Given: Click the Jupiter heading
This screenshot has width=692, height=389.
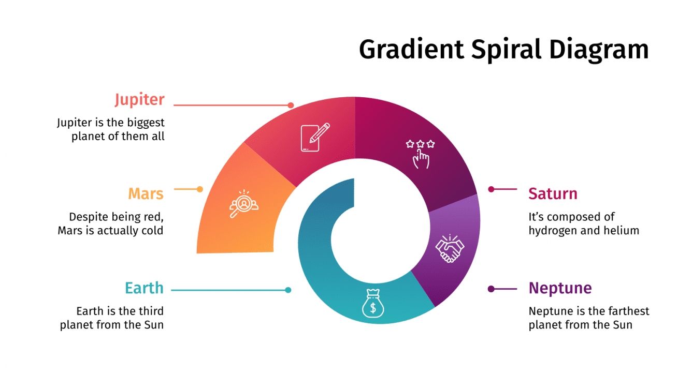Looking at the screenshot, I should pos(139,99).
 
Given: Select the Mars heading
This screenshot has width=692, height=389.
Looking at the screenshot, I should pos(146,194).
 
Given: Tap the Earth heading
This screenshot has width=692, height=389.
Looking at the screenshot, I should pos(144,288).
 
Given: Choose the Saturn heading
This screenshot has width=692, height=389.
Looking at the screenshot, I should pos(553,194).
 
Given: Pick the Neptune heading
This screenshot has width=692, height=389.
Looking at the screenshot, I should pos(560,288).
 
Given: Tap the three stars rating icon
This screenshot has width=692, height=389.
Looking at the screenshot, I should pos(420,153).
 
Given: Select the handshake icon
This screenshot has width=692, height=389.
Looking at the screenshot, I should pos(450,248).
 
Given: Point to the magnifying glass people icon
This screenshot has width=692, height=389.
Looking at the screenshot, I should pos(244,204).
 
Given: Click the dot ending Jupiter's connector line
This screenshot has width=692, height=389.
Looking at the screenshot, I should pos(291,105).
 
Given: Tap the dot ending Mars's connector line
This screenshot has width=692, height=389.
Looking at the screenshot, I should pos(200,189).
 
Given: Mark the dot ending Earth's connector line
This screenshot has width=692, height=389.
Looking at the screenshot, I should pos(288,290).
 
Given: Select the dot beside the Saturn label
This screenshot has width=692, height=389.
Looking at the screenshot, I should pos(491,189).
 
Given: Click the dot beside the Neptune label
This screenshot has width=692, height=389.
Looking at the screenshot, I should pos(491,289).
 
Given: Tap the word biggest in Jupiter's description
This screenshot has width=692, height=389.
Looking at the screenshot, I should pos(146,123).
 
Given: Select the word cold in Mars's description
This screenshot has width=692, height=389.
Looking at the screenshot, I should pos(152,231).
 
